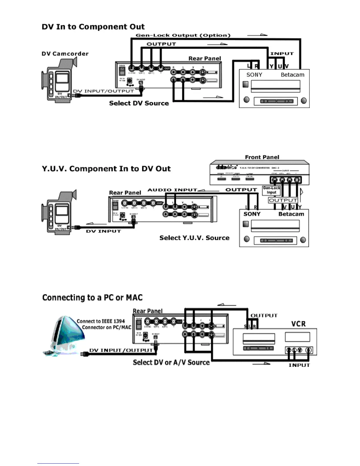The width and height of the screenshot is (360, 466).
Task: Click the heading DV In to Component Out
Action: click(93, 27)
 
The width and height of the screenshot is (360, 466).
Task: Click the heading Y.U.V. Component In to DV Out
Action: click(106, 169)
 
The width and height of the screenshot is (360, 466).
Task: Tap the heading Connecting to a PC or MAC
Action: click(92, 298)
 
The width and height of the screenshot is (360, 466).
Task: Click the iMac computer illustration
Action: click(63, 335)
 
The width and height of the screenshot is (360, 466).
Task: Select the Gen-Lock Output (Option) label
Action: click(183, 35)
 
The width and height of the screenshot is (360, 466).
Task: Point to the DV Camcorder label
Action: click(65, 54)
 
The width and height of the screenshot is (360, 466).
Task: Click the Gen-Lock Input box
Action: click(271, 190)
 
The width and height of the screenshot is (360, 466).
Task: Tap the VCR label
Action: click(299, 324)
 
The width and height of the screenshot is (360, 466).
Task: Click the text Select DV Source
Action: click(139, 103)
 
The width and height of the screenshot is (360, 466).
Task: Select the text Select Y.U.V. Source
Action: click(194, 238)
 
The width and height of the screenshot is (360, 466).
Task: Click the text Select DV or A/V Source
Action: click(171, 362)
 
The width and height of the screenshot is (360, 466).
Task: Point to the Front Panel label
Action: click(262, 157)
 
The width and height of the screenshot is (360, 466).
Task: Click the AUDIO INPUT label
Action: click(172, 190)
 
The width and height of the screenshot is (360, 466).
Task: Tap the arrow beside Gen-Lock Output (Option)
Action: click(257, 35)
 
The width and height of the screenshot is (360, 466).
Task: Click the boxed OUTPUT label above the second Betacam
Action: click(283, 200)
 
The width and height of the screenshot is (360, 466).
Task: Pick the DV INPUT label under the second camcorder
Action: click(103, 231)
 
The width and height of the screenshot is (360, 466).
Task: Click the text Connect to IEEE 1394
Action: click(101, 321)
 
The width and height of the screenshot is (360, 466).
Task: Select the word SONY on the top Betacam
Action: click(254, 75)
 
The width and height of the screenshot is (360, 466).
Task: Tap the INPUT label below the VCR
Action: click(299, 365)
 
